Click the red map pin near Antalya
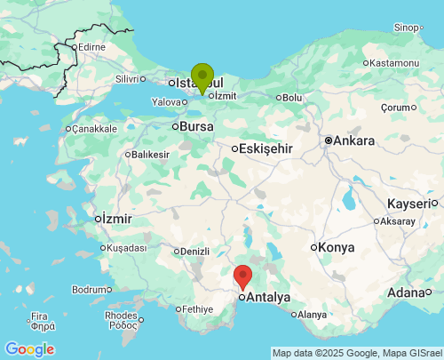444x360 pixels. (x=242, y=277)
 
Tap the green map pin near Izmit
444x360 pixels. (x=202, y=77)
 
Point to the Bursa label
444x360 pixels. (x=196, y=127)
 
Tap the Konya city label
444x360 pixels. (x=336, y=246)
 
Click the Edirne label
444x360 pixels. (x=91, y=46)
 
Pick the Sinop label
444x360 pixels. (x=406, y=28)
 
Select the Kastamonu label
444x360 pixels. (x=394, y=63)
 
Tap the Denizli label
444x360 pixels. (x=193, y=251)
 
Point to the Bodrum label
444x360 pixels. (x=89, y=290)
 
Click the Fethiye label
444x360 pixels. (x=197, y=308)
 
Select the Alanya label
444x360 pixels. (x=312, y=315)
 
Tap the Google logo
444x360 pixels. (x=29, y=349)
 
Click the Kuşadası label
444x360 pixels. (x=128, y=248)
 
